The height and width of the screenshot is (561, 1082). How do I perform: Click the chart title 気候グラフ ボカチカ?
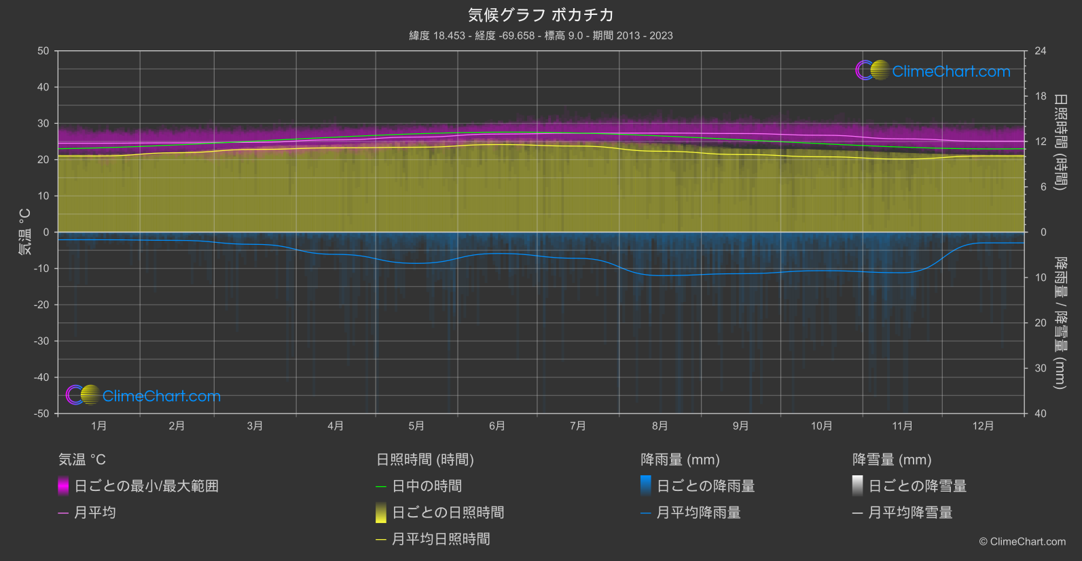541,15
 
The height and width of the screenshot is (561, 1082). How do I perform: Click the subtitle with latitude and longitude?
541,35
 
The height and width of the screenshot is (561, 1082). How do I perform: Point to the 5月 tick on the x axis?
416,426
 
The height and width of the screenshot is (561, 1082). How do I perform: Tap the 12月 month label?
983,426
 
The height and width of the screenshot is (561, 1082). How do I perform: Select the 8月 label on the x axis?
660,426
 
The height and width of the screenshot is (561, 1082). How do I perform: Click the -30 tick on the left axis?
42,341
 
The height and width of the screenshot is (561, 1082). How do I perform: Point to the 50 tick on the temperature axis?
43,51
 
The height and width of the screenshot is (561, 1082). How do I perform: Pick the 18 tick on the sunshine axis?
1041,97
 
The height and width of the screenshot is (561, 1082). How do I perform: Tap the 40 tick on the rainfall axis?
1041,413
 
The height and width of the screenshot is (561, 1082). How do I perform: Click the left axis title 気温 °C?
24,232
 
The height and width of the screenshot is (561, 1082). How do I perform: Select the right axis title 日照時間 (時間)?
1060,141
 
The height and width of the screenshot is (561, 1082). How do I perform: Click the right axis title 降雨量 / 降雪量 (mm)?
1060,323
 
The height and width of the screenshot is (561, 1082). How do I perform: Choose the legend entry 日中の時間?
427,486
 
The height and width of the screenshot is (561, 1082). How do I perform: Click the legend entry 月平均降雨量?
698,513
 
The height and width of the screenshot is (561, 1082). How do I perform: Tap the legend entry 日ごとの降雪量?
917,486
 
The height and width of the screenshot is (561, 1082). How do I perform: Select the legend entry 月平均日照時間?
441,539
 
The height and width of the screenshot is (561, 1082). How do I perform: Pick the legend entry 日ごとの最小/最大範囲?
146,486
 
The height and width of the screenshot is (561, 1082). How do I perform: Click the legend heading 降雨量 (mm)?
680,460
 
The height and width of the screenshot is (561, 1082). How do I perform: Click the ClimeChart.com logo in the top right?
933,71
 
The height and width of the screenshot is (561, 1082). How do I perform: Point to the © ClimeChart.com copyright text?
1022,542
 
